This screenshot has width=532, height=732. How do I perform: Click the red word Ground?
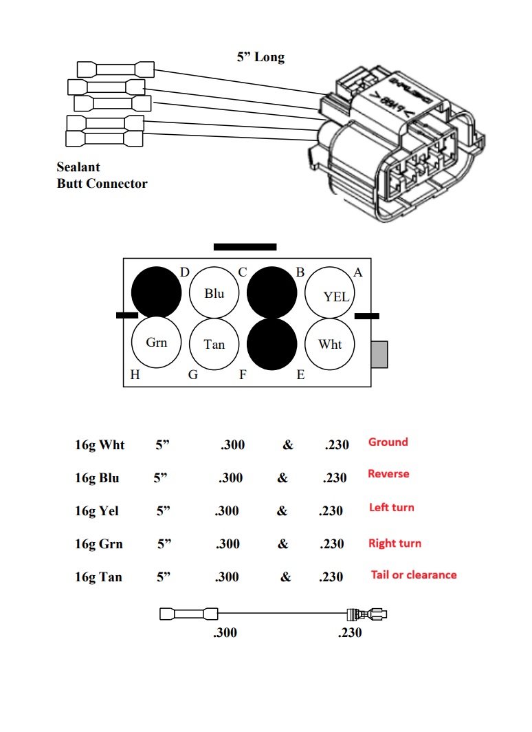(x=388, y=442)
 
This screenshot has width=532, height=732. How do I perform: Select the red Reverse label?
(x=388, y=474)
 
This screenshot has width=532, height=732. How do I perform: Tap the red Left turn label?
(x=391, y=508)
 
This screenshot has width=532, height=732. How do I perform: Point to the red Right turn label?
(x=395, y=543)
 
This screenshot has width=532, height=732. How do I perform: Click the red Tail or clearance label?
(x=414, y=575)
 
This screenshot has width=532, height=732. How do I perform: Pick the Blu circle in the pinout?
(x=214, y=293)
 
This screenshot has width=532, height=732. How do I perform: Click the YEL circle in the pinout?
(x=331, y=293)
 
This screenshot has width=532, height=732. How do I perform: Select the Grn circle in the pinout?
(x=157, y=343)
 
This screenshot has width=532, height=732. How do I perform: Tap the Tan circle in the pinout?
(x=214, y=343)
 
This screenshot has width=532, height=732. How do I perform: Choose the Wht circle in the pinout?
(x=331, y=343)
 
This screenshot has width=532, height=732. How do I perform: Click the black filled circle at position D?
(x=157, y=292)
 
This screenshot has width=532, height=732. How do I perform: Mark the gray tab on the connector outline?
(x=379, y=354)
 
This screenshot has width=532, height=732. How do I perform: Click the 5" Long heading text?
(x=261, y=57)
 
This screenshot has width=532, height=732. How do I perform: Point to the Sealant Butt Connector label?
(x=102, y=175)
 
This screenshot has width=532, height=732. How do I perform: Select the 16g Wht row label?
(x=100, y=444)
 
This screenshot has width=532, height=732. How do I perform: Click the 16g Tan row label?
(x=98, y=577)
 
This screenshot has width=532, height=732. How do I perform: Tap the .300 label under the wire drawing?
(x=225, y=632)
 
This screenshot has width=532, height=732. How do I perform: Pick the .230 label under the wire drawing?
(x=350, y=632)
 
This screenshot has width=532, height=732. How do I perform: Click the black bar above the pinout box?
(x=245, y=246)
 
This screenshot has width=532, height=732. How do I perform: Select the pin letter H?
(x=135, y=375)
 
